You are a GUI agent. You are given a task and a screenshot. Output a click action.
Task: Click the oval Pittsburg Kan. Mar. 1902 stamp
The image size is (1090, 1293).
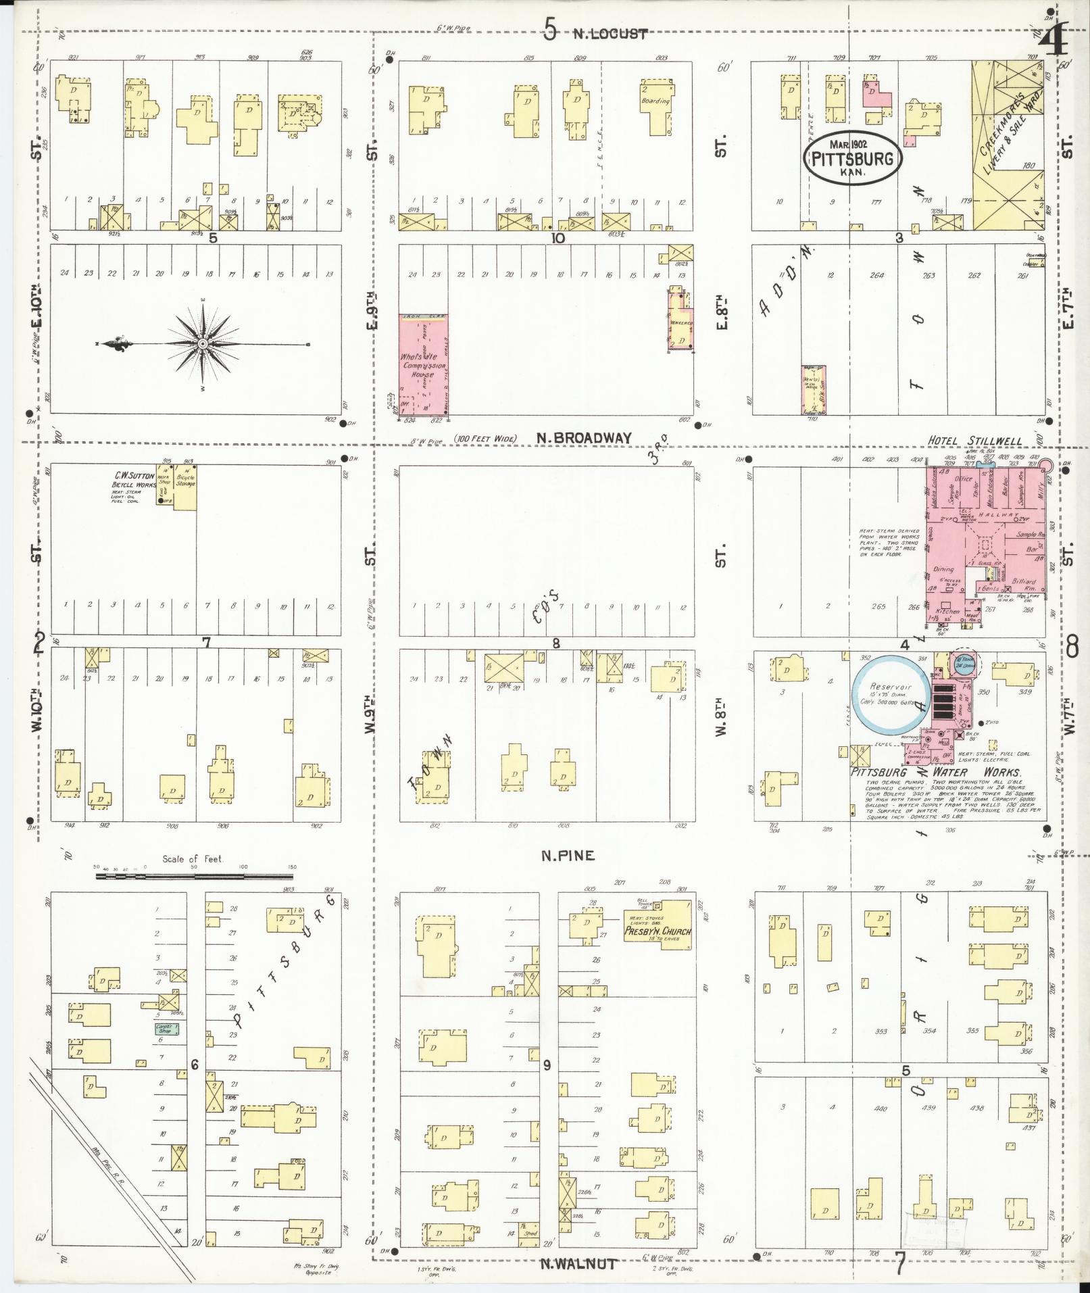pos(852,157)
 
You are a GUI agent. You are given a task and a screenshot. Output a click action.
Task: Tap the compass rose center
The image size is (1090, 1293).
pos(202,344)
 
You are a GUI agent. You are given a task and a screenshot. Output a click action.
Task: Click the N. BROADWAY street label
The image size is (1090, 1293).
pos(585,438)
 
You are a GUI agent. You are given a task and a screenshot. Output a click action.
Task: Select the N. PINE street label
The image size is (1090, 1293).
pos(567,856)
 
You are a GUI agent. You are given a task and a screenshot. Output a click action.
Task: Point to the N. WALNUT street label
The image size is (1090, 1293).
pos(578,1263)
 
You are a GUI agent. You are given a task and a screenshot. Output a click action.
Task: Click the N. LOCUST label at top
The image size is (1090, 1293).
pos(610,33)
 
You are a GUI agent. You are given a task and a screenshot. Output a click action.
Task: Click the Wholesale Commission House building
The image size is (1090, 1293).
pos(424,365)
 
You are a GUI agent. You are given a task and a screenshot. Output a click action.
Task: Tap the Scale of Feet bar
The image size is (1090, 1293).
pos(196,876)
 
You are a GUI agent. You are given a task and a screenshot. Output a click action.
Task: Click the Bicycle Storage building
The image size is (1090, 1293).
pos(185,487)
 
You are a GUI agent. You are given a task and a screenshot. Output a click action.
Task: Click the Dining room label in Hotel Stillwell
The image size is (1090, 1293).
pos(943,569)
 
